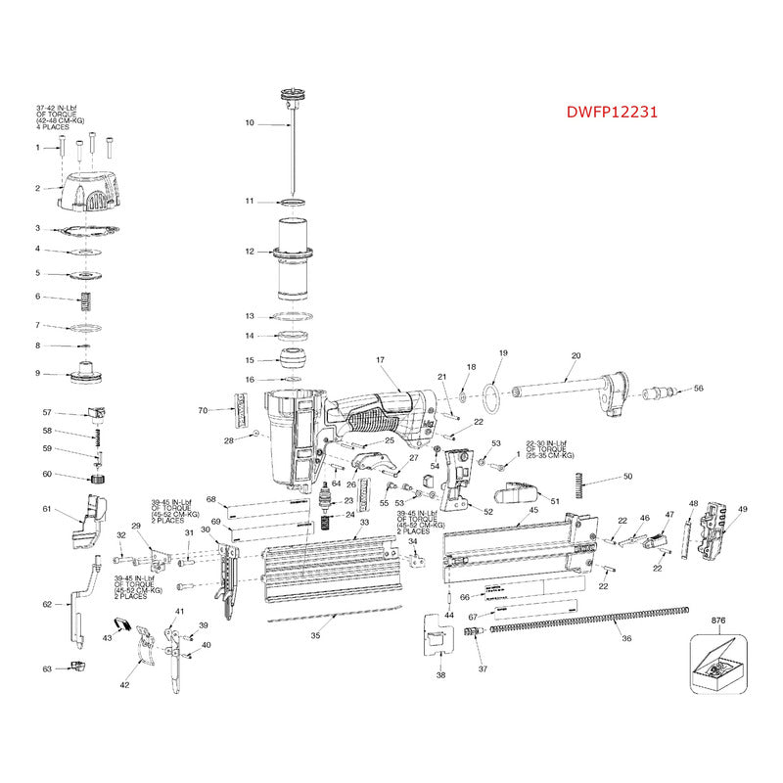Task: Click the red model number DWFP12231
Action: tap(613, 112)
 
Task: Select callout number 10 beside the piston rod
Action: tap(249, 123)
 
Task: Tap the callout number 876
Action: tap(717, 620)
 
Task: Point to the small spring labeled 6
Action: tap(85, 298)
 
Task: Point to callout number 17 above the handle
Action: tap(380, 360)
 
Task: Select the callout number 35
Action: tap(315, 635)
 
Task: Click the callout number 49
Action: tap(743, 510)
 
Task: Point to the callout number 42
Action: tap(124, 685)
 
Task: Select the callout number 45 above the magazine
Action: tap(533, 510)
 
